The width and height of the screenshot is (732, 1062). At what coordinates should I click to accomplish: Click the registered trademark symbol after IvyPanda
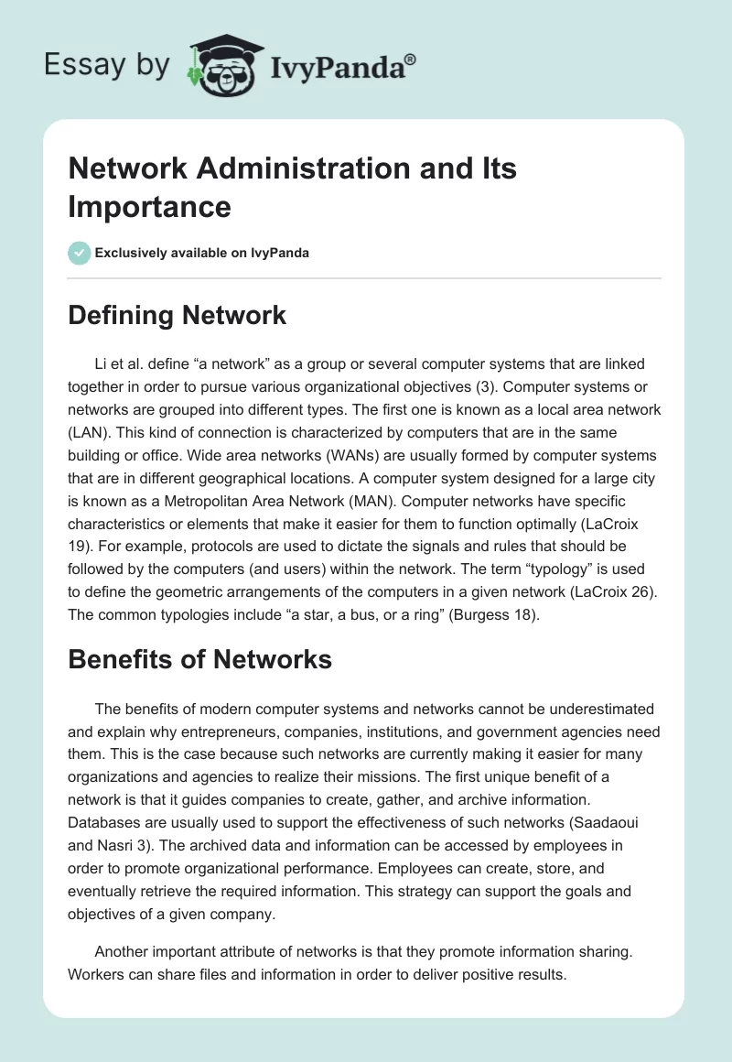pyautogui.click(x=411, y=60)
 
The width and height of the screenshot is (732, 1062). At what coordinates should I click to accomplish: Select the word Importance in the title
pyautogui.click(x=149, y=207)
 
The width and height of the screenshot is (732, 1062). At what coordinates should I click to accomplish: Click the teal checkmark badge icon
pyautogui.click(x=80, y=253)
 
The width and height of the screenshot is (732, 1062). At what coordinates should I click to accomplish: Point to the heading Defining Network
pyautogui.click(x=178, y=316)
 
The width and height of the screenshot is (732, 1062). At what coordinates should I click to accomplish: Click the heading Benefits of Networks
pyautogui.click(x=199, y=658)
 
